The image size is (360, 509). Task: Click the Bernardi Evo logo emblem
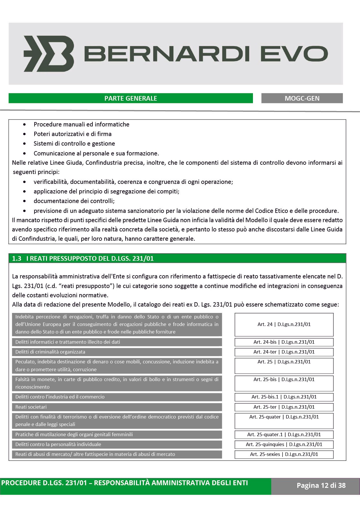(x=49, y=54)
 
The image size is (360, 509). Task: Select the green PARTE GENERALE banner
(x=131, y=98)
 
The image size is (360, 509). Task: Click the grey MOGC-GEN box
(x=302, y=98)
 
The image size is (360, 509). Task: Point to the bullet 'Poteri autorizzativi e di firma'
(x=73, y=134)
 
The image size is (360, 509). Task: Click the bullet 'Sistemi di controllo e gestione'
(x=74, y=144)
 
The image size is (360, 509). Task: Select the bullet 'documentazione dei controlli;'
(x=74, y=201)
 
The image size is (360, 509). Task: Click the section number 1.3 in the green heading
(x=17, y=258)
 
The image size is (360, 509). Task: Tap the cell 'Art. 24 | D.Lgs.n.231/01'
(x=284, y=325)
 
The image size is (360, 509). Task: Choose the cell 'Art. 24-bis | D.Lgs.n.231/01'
(x=284, y=342)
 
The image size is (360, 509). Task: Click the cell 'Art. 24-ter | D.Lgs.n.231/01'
(x=284, y=352)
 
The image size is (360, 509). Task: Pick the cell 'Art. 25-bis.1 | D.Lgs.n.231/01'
(x=284, y=397)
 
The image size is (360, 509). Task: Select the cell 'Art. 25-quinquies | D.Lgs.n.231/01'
(x=284, y=444)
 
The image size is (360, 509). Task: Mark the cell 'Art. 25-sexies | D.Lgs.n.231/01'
(x=284, y=454)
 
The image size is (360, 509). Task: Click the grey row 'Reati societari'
(x=117, y=407)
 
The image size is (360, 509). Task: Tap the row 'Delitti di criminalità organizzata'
(x=117, y=352)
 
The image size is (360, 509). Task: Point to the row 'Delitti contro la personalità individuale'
(x=117, y=444)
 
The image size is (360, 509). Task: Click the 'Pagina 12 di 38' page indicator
(x=321, y=486)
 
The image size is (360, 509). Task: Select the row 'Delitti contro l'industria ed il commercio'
(x=117, y=397)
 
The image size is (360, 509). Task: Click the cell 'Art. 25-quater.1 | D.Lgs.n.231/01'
(x=284, y=434)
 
